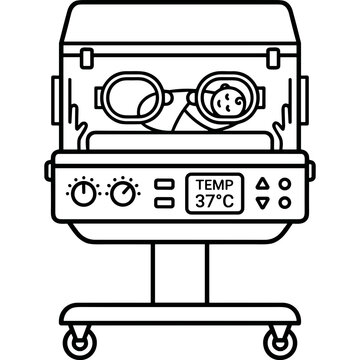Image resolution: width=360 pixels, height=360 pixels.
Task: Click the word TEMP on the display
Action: coord(215,185)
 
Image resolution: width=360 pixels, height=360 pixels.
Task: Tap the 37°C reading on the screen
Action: coord(215,201)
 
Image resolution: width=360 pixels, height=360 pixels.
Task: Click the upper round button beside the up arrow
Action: coord(285,184)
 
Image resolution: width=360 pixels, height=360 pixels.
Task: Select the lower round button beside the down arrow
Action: coord(285,203)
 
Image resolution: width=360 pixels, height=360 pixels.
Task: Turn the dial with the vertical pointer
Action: coord(84,194)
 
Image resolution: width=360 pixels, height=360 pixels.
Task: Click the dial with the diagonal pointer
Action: coord(123,194)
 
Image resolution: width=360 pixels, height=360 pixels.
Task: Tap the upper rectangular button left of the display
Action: coord(164,184)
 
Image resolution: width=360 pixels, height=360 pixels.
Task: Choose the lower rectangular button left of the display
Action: coord(164,203)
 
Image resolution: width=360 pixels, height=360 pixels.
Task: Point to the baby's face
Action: coord(228,102)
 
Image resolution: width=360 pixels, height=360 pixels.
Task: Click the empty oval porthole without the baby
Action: coord(106,97)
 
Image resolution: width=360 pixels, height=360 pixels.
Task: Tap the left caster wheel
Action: coord(80,343)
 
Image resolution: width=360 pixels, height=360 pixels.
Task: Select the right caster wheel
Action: coord(280,343)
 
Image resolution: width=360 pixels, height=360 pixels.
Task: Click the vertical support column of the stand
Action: coord(180,273)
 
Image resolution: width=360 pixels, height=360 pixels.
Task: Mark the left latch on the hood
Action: coord(87,58)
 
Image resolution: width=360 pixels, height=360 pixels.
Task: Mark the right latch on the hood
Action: coord(273,58)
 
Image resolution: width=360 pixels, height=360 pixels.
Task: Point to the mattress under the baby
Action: coord(180,141)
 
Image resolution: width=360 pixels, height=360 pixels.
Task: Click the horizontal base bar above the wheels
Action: coord(180,314)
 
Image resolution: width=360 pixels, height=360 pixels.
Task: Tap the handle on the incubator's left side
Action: coord(55,100)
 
